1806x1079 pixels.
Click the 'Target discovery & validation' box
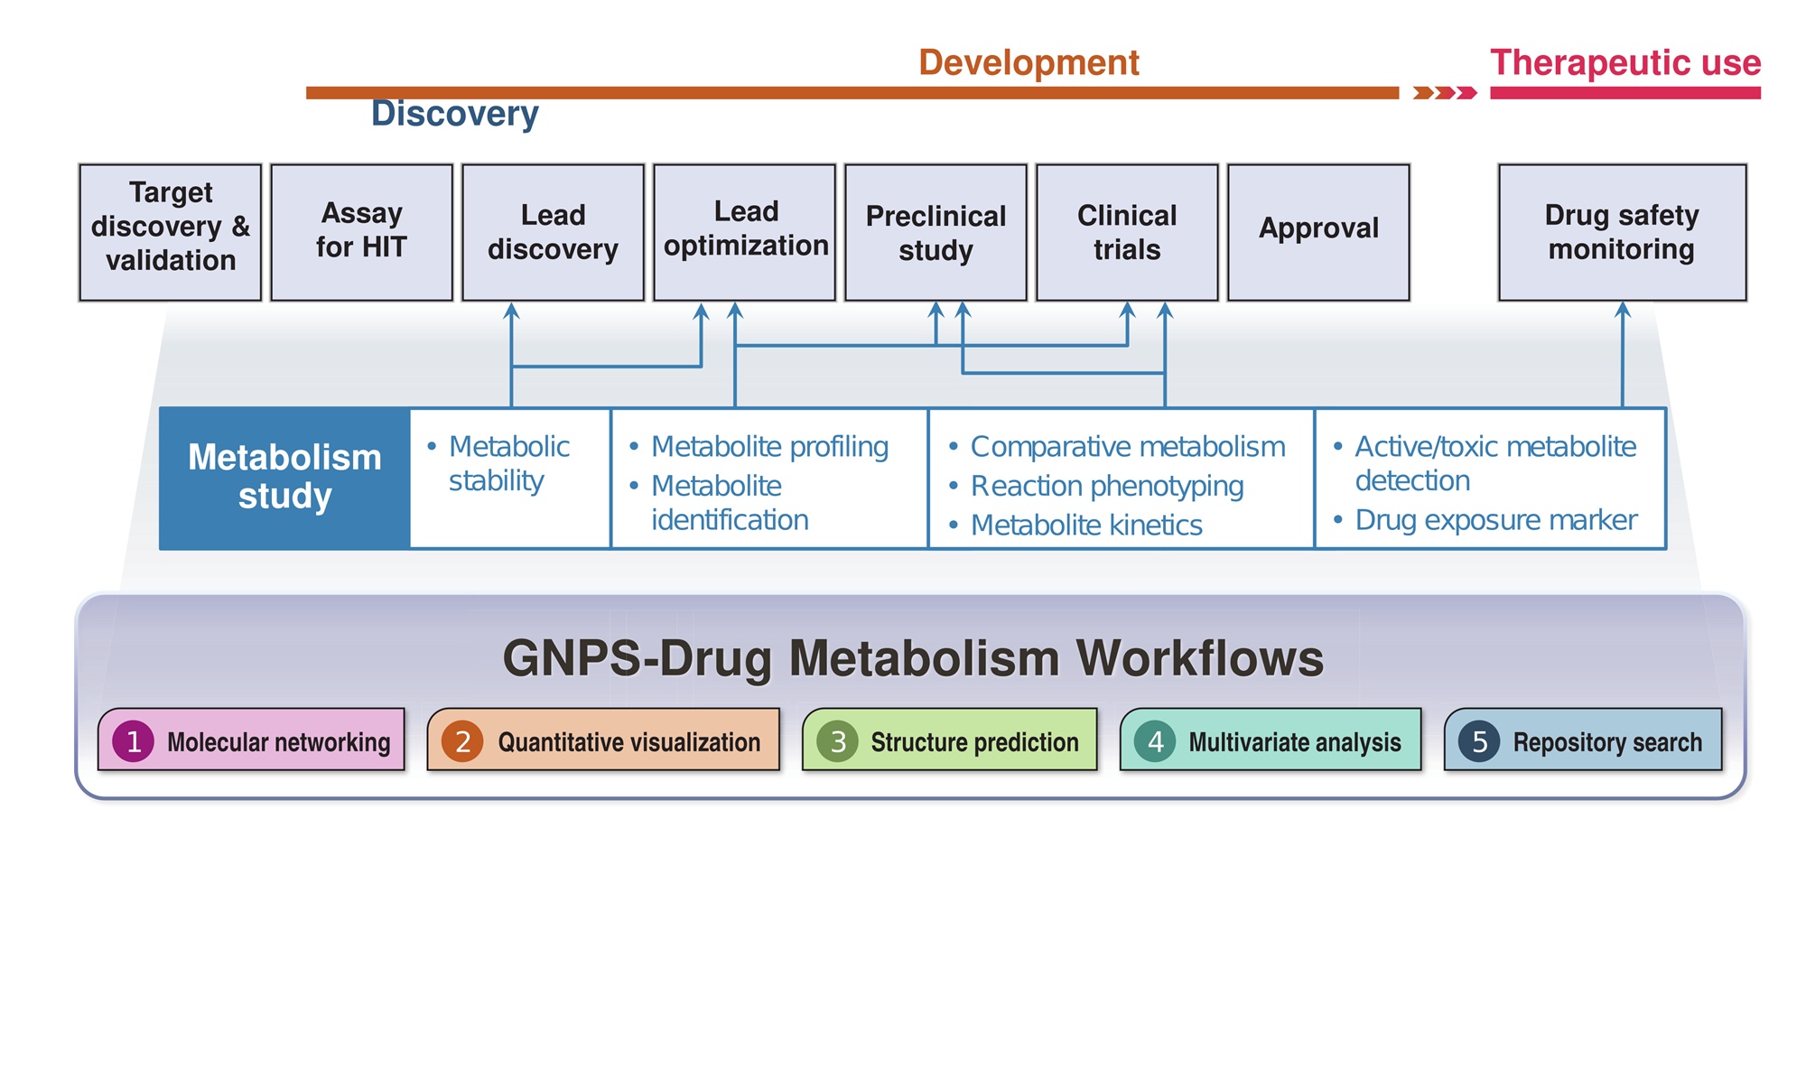170,232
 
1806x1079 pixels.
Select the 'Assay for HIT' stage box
361,232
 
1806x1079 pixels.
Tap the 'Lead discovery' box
553,232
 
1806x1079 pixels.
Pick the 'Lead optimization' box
744,232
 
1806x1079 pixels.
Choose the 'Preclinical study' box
936,232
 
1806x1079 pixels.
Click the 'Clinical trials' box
1127,232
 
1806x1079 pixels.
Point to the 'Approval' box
1318,232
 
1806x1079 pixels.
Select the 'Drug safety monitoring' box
1622,232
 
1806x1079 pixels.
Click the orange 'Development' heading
1029,63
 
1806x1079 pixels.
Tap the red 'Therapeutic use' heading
1625,63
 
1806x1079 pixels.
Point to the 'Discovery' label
455,115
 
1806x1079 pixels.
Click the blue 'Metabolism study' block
284,478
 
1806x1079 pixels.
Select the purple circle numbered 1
134,741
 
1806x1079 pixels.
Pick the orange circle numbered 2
462,741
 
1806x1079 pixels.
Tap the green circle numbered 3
838,741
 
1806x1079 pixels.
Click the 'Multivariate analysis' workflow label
1294,742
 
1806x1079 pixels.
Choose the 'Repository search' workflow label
1606,742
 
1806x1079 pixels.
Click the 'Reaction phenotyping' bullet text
1107,486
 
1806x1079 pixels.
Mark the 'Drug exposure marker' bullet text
1495,520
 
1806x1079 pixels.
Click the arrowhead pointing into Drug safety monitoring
1623,310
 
